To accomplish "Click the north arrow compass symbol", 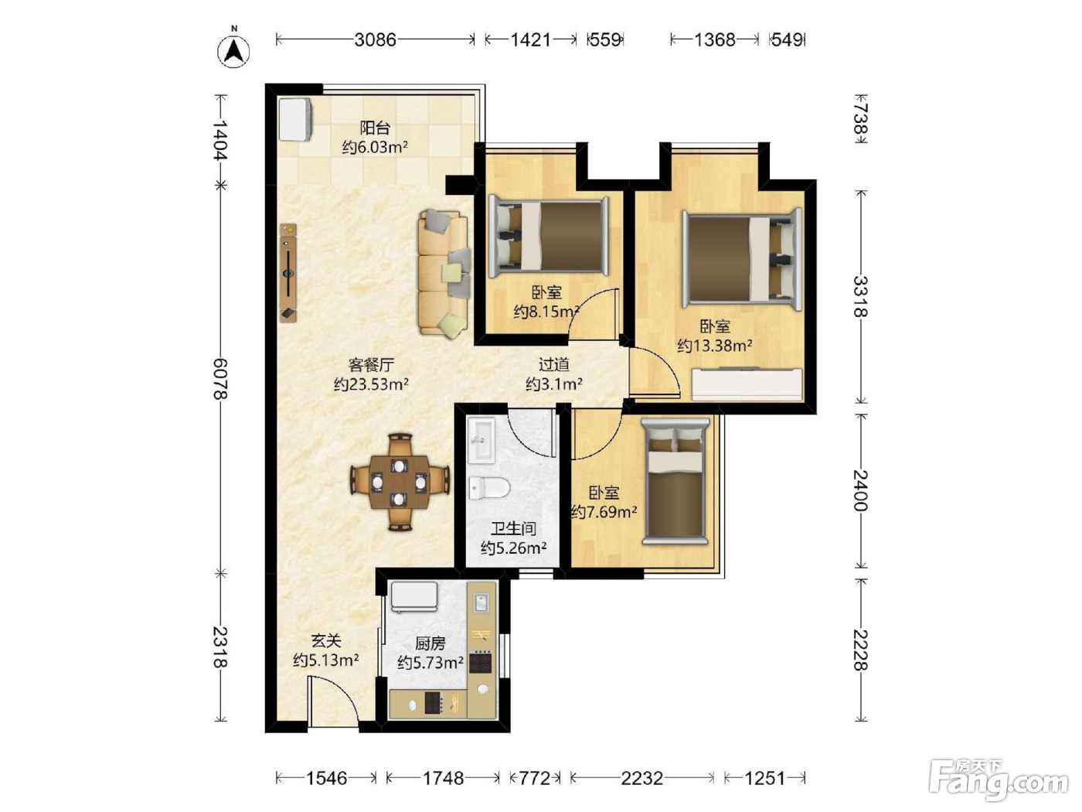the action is tap(233, 50).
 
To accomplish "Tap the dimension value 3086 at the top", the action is tap(375, 39).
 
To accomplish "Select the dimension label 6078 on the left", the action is tap(220, 379).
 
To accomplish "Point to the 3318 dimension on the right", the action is tap(860, 297).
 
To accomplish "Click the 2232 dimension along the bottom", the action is tap(641, 779).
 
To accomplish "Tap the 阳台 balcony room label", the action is tap(375, 128).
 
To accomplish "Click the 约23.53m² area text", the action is tap(371, 384).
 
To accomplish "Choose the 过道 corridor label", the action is tap(554, 365).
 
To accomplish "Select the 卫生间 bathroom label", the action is tap(513, 529).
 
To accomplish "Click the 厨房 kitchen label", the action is tap(430, 643).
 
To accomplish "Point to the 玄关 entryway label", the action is tap(326, 641).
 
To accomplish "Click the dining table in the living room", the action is tap(400, 482).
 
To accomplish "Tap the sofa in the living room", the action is tap(444, 274).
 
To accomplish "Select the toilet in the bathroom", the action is tap(489, 488).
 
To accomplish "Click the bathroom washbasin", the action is tap(481, 440).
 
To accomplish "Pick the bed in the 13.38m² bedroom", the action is tap(742, 260).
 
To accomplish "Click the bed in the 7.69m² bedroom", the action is tap(675, 482).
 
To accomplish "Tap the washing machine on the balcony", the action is tap(295, 120).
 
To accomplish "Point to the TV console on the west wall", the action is tap(288, 273).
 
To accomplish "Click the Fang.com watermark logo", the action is tap(999, 780).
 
